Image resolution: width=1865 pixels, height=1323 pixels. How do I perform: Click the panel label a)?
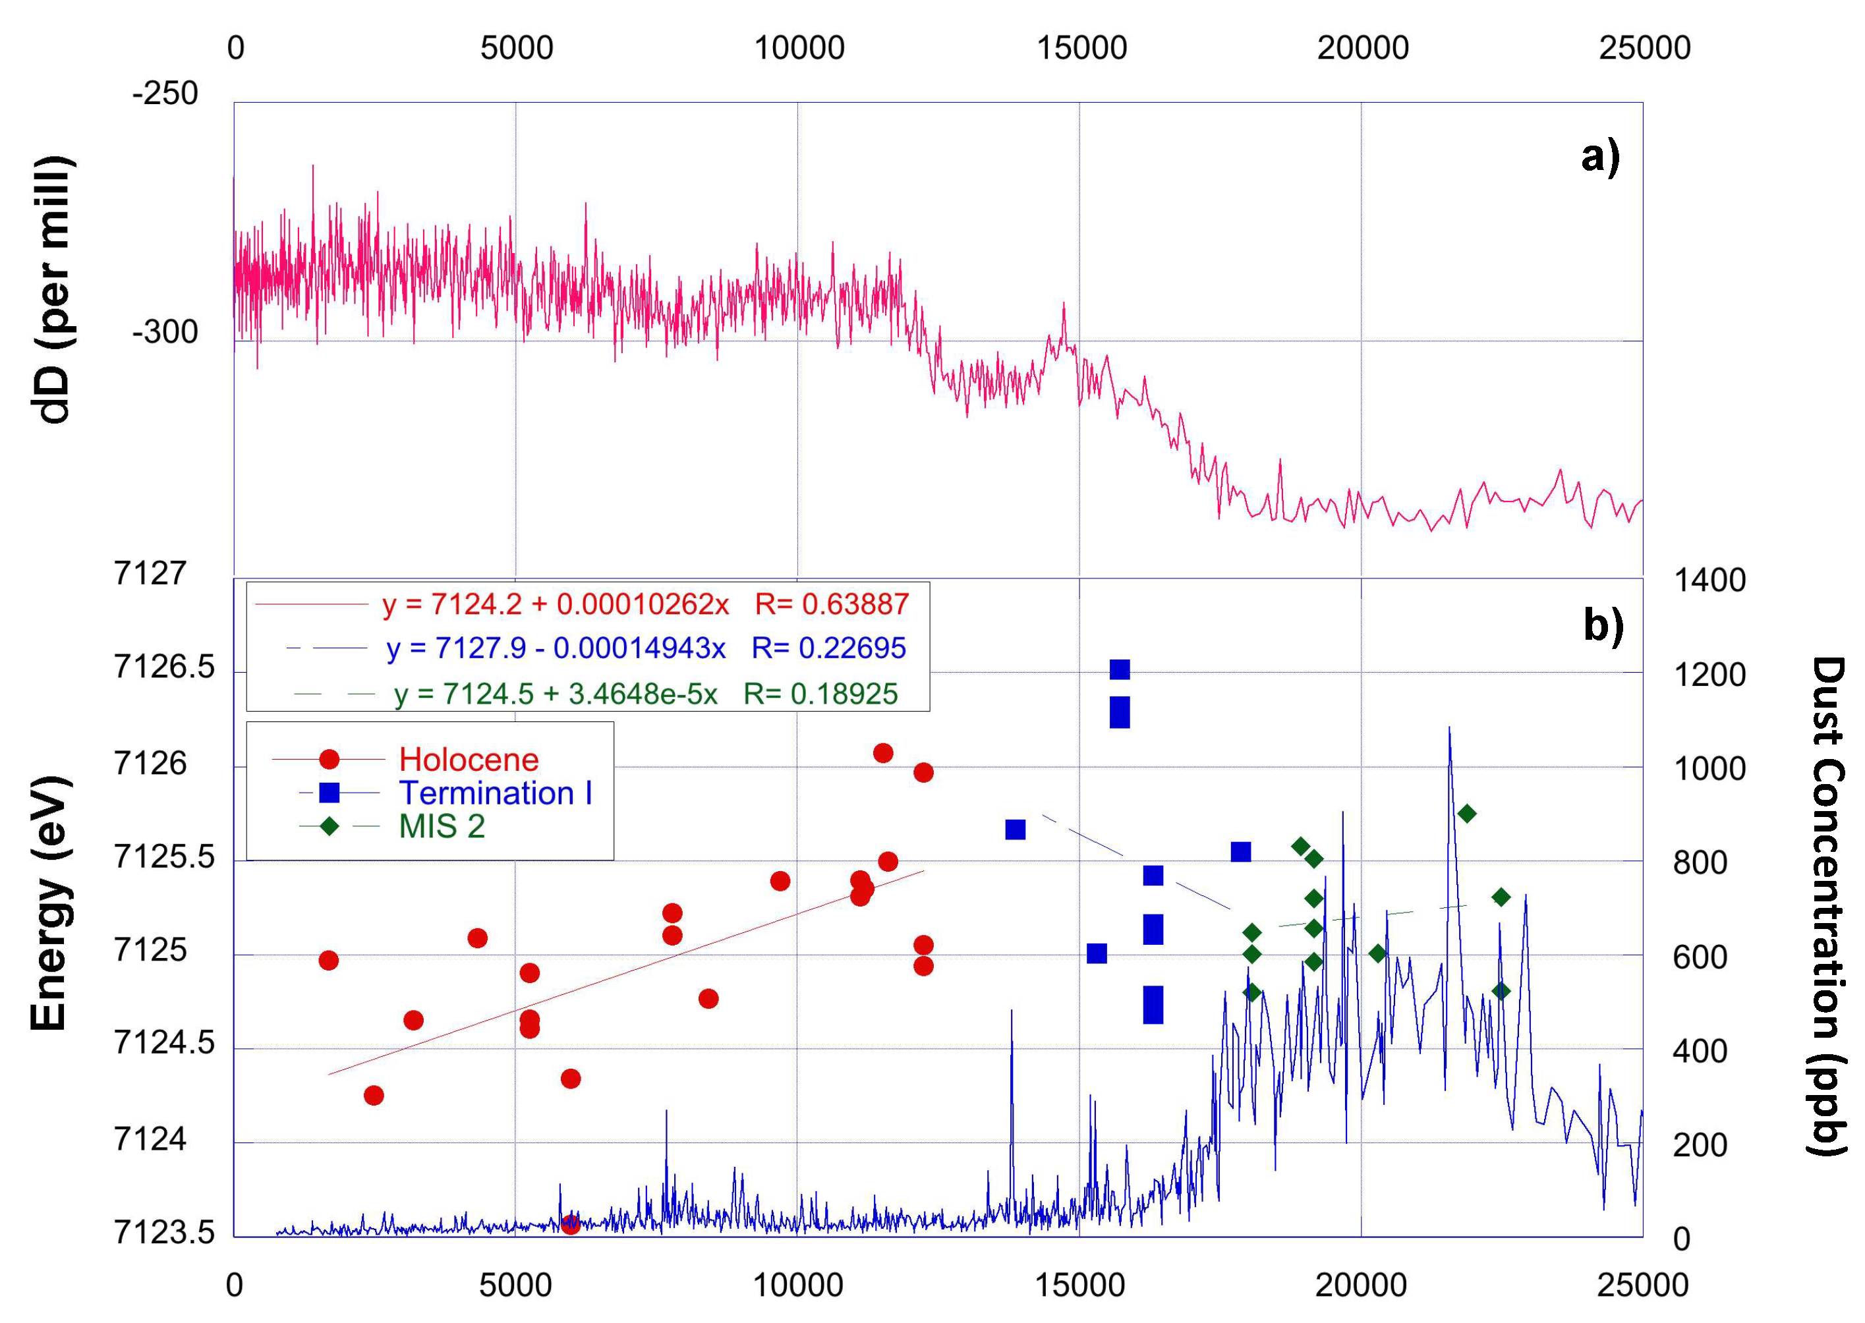(1599, 155)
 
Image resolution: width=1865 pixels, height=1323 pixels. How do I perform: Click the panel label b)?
(1603, 625)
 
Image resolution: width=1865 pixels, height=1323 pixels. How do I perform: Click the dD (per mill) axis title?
(55, 289)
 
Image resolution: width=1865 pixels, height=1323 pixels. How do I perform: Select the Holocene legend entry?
(469, 759)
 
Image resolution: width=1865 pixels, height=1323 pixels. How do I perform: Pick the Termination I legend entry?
(494, 793)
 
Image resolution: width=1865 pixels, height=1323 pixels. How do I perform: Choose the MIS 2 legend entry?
(442, 826)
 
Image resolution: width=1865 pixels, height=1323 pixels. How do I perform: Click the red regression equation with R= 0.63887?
(644, 604)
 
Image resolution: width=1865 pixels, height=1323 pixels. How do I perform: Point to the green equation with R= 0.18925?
(645, 693)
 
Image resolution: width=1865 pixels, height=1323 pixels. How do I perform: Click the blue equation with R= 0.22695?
(645, 648)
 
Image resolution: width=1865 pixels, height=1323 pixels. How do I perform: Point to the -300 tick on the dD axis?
(165, 331)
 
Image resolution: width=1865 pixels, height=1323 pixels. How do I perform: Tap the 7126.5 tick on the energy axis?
(164, 667)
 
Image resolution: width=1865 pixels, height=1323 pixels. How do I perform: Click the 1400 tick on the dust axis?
(1709, 580)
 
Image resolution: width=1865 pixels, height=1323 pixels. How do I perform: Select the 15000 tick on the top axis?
(1081, 48)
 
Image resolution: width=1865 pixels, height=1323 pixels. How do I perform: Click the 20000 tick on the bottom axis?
(1361, 1285)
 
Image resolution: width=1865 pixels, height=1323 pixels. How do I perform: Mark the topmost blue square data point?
(1120, 669)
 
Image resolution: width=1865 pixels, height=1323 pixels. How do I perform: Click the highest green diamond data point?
(1466, 813)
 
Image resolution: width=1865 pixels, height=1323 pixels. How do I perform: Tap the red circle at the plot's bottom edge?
(570, 1224)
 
